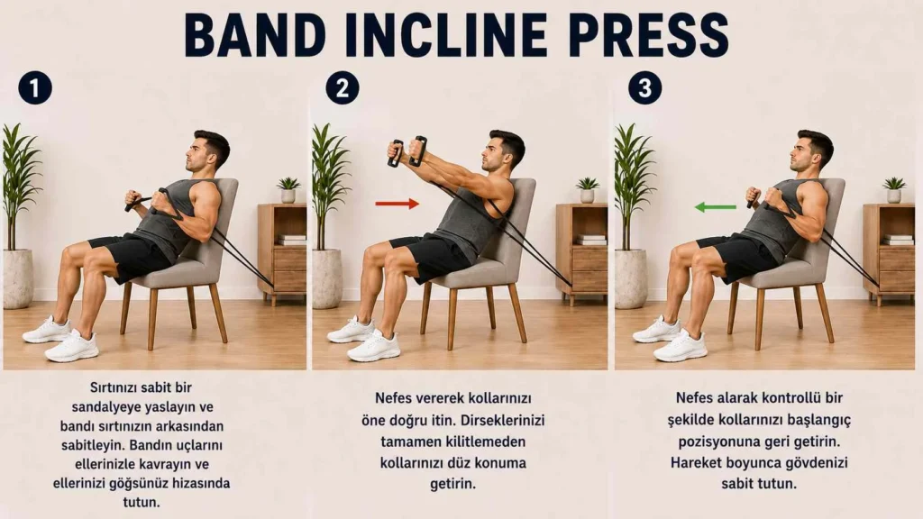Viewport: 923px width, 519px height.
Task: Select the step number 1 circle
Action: pyautogui.click(x=35, y=88)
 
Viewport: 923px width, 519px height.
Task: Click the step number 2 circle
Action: pyautogui.click(x=342, y=88)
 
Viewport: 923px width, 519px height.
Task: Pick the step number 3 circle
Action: pyautogui.click(x=644, y=88)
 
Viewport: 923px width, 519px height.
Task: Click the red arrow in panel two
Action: pyautogui.click(x=398, y=204)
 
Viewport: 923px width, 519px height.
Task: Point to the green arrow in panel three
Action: pyautogui.click(x=715, y=207)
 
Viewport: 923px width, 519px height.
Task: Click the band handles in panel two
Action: pyautogui.click(x=407, y=151)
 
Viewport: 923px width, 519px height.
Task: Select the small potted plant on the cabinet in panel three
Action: pyautogui.click(x=893, y=189)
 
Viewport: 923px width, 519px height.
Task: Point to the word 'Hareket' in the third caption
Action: pyautogui.click(x=695, y=462)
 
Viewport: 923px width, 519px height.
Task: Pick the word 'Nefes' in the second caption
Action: pyautogui.click(x=394, y=398)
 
